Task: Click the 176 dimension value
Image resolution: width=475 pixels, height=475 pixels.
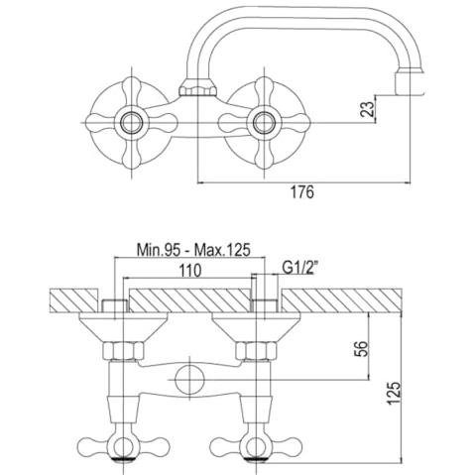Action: click(x=302, y=191)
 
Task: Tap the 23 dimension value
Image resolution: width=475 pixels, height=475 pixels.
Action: click(x=368, y=109)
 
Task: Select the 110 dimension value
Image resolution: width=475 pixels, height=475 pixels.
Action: click(x=189, y=271)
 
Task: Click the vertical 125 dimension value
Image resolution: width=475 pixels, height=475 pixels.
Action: click(x=394, y=393)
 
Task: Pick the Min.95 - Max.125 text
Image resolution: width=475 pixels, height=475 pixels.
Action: click(x=193, y=250)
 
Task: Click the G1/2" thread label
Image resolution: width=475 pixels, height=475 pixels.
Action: click(x=299, y=268)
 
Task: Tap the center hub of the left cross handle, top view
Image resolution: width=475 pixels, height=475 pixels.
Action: click(x=132, y=123)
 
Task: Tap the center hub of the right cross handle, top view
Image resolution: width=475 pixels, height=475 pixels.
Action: click(x=264, y=123)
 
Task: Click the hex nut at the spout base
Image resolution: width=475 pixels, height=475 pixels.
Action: click(x=197, y=88)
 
